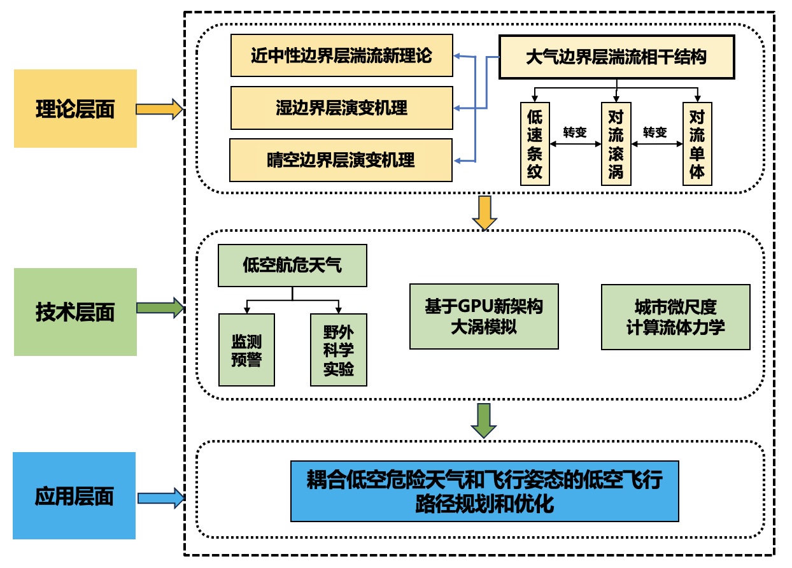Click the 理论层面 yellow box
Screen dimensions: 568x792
click(75, 109)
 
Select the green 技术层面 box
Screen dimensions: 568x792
click(75, 312)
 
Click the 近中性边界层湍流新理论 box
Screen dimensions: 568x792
click(342, 56)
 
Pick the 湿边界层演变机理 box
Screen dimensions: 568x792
click(342, 108)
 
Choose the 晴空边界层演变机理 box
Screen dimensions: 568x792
click(341, 160)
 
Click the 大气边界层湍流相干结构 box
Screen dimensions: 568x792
click(616, 57)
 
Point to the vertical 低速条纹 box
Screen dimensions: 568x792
click(535, 144)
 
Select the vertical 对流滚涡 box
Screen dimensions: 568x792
click(616, 144)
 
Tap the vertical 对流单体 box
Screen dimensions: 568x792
click(697, 144)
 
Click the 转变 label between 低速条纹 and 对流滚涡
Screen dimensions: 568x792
click(575, 132)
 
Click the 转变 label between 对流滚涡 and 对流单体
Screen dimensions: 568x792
click(656, 132)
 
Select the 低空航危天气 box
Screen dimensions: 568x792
click(292, 265)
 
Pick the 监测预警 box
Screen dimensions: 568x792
click(246, 350)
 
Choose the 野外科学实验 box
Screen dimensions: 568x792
click(339, 350)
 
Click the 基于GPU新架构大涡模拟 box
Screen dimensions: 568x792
click(484, 316)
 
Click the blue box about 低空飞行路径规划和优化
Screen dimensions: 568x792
click(484, 491)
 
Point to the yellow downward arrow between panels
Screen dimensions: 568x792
click(484, 213)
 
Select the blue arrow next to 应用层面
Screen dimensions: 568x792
click(160, 497)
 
